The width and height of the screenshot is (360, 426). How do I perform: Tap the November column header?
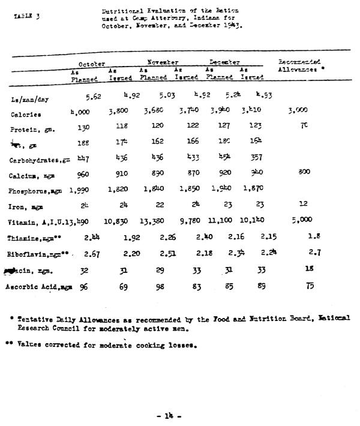[163, 62]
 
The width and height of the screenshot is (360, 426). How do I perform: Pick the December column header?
[224, 62]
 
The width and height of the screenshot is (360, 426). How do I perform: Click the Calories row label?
[26, 114]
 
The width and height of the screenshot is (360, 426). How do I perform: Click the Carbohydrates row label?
[38, 161]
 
